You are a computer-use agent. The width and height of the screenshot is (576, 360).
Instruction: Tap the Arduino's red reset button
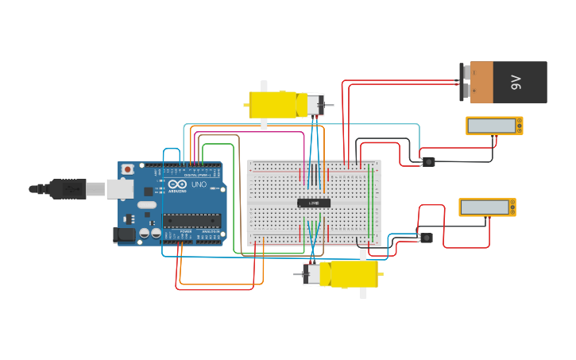tap(127, 169)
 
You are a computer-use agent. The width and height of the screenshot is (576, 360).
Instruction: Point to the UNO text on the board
tap(198, 184)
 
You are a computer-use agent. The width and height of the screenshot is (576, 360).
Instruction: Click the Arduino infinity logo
tap(177, 184)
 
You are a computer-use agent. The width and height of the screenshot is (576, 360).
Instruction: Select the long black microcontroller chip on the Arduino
tap(191, 220)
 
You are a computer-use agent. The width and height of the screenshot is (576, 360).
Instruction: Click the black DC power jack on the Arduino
tap(124, 234)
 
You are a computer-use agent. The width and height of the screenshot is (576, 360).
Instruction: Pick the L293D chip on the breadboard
tap(314, 203)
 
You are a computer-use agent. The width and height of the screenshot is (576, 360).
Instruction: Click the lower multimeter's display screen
tap(484, 207)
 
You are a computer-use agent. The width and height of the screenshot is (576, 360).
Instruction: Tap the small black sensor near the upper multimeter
tap(428, 162)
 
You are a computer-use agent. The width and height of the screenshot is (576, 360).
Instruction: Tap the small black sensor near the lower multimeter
tap(426, 238)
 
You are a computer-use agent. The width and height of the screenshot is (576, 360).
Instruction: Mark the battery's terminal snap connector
tap(464, 83)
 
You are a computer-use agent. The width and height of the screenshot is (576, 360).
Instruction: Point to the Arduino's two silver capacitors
tap(150, 233)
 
